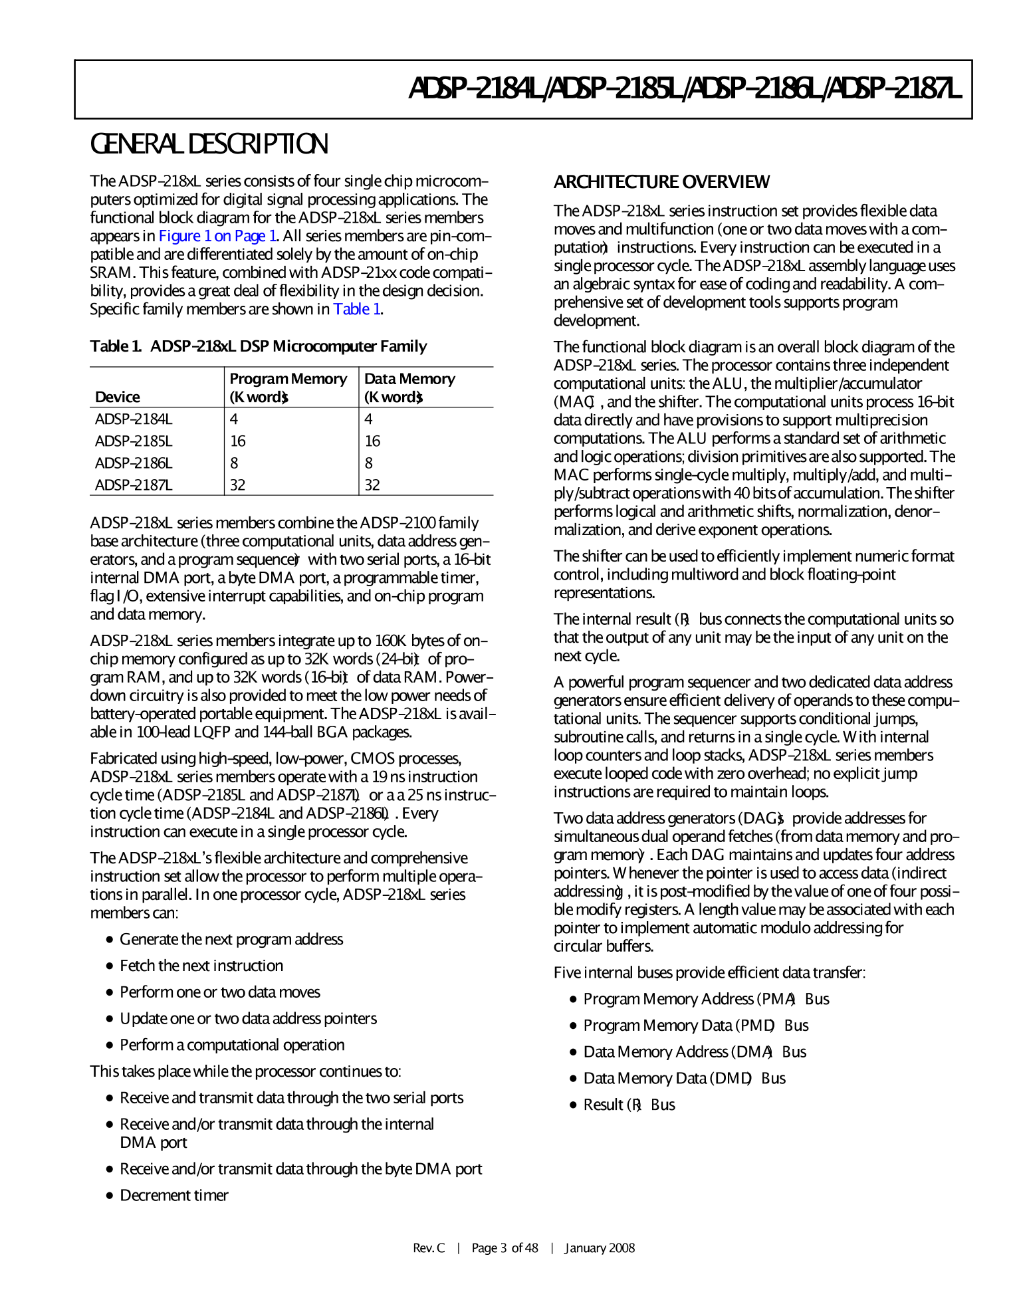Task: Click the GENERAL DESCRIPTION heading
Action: point(209,144)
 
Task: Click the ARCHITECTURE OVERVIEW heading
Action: point(661,182)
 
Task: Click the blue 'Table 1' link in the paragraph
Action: point(357,309)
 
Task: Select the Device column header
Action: point(118,397)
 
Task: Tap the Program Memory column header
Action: point(288,387)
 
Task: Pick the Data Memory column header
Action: point(409,387)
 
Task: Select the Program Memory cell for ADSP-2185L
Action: point(238,441)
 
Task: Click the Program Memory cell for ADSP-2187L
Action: point(238,485)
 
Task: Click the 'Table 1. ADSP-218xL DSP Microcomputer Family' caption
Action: point(258,346)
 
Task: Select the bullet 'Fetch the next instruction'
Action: point(201,966)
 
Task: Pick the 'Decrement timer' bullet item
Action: point(174,1196)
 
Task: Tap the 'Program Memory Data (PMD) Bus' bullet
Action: point(695,1026)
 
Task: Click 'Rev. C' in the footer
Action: point(429,1248)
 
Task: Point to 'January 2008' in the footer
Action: point(600,1248)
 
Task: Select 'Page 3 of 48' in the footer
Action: point(505,1248)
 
